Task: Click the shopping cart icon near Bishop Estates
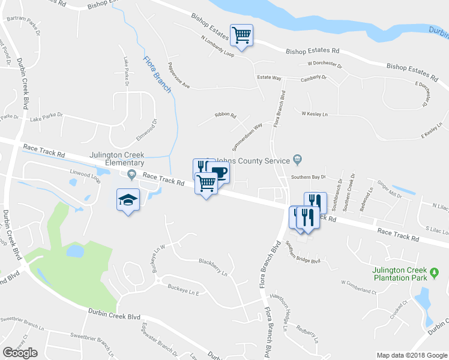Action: coord(241,35)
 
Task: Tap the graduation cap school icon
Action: coord(128,200)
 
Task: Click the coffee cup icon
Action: coord(218,173)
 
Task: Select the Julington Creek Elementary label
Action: coord(116,158)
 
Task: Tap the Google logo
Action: coord(20,353)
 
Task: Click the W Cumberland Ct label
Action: coord(358,287)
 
